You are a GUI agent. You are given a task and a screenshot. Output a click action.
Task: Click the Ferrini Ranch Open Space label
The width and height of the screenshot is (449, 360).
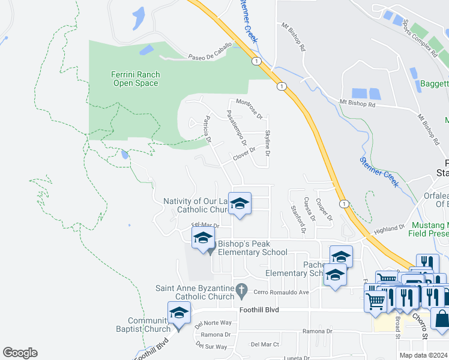tap(135, 79)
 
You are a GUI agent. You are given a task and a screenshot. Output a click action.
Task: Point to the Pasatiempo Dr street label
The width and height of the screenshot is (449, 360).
tap(236, 127)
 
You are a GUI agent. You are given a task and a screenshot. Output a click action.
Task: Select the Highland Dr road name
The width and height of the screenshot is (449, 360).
tap(390, 229)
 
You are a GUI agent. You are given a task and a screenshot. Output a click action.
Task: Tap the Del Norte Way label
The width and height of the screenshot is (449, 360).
tap(213, 323)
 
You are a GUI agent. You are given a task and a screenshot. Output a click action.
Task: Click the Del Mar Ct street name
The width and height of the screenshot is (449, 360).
tap(265, 344)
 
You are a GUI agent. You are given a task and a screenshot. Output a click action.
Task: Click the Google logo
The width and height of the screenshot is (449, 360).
tap(20, 353)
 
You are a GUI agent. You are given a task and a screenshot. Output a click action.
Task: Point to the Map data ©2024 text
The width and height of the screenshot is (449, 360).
tap(423, 355)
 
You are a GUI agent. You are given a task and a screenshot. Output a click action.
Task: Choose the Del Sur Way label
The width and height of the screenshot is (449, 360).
tap(211, 346)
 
